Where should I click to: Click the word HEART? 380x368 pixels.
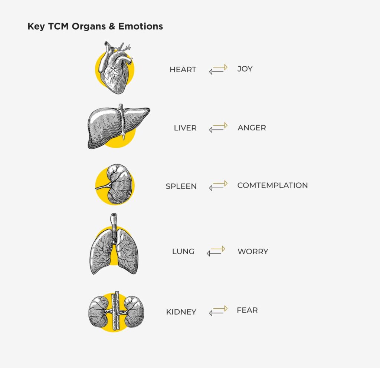click(183, 69)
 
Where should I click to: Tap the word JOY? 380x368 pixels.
click(245, 69)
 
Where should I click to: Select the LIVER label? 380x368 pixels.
click(185, 128)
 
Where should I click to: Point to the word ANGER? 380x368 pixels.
click(252, 127)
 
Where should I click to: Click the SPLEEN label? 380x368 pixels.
click(181, 186)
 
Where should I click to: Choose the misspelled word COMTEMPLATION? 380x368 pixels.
click(272, 185)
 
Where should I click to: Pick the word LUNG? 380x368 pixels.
click(183, 251)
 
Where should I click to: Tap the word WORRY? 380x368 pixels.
click(253, 251)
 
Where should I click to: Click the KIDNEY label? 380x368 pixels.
click(181, 312)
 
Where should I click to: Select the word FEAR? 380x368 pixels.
click(247, 310)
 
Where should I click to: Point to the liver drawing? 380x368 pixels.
click(119, 126)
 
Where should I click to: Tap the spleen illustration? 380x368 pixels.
click(115, 184)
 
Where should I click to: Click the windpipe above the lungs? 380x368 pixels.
click(114, 226)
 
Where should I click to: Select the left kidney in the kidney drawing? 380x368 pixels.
click(98, 311)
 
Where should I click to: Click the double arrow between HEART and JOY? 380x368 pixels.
click(218, 69)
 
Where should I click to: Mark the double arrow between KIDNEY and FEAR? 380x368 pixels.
click(218, 311)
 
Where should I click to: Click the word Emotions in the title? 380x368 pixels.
click(141, 26)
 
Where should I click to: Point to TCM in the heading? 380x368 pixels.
click(58, 26)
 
